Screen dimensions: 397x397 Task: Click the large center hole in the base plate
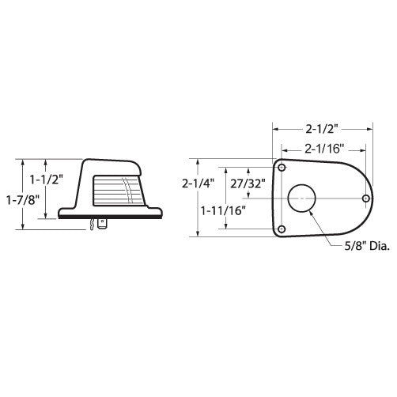302,198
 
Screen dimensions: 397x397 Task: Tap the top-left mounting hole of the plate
281,168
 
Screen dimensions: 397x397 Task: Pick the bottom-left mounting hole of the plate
281,229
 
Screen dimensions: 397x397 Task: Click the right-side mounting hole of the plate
365,198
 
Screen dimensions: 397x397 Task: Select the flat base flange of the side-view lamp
115,214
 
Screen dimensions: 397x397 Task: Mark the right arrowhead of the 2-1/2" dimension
376,127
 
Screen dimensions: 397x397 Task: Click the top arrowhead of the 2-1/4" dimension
199,161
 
